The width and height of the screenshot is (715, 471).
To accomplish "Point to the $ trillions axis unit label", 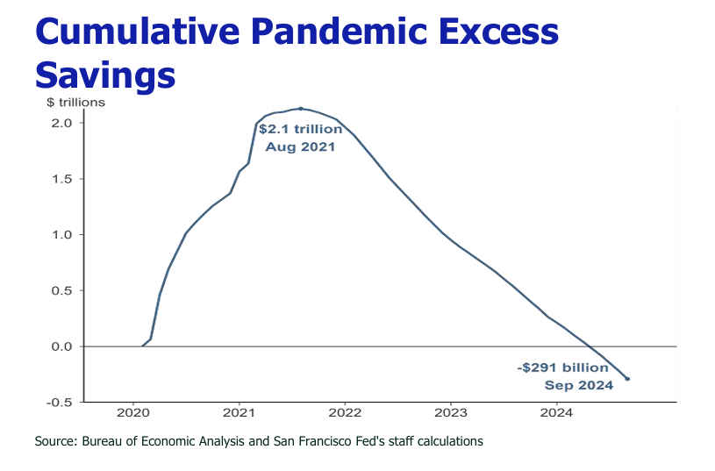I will [75, 103].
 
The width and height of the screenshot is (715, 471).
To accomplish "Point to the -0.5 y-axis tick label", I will [59, 402].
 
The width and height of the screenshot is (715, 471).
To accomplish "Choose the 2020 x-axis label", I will [133, 413].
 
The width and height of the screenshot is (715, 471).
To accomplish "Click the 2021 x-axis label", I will [240, 413].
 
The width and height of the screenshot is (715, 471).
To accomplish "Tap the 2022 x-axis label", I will [345, 413].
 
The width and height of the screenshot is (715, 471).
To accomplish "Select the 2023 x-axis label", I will [451, 413].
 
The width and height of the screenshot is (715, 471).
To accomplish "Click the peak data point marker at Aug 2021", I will [301, 109].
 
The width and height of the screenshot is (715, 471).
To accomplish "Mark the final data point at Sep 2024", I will [627, 379].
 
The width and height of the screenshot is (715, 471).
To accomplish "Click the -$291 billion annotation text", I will [562, 368].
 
